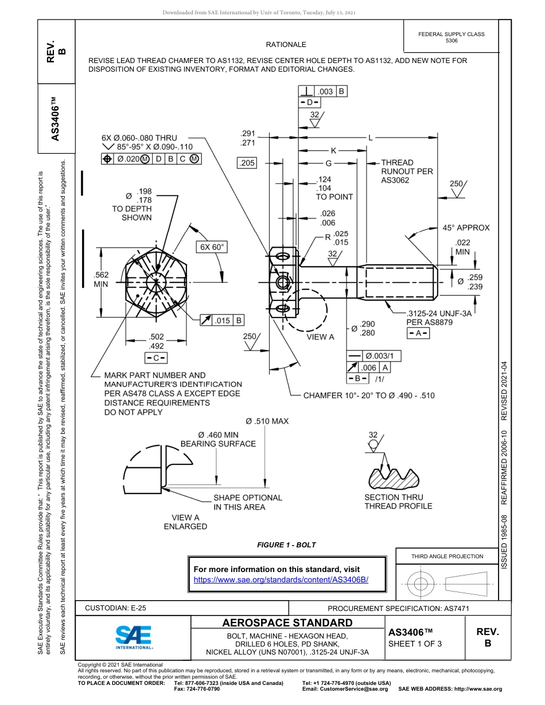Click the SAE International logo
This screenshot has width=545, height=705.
pos(133,637)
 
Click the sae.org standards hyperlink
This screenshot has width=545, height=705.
pos(281,579)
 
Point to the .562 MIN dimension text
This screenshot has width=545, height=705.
pos(101,279)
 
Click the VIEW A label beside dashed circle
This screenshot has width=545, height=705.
pos(320,337)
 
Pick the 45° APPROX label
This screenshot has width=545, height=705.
pos(466,228)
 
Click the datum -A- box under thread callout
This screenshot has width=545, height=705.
pos(418,334)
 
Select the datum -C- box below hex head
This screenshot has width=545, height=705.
pos(155,358)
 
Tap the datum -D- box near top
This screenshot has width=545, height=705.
pos(309,102)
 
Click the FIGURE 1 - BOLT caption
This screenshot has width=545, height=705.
pos(286,545)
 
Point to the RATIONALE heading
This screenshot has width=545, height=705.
pos(286,44)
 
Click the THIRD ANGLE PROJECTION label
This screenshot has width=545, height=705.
pos(447,556)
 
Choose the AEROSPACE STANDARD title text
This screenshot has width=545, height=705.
pos(287,623)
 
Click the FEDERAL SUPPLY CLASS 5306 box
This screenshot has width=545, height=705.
pos(451,37)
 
